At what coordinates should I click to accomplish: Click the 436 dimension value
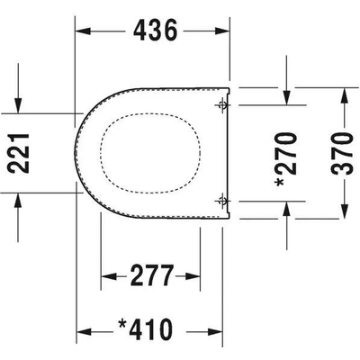click(x=156, y=31)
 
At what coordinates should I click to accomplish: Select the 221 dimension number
click(x=19, y=153)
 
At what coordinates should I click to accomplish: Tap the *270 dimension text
click(x=286, y=159)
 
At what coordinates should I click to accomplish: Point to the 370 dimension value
click(x=342, y=153)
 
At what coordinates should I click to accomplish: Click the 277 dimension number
click(x=152, y=275)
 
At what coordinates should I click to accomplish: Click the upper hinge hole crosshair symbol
click(x=222, y=105)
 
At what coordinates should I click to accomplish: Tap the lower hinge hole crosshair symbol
click(x=222, y=201)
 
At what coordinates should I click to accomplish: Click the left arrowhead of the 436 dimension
click(x=83, y=31)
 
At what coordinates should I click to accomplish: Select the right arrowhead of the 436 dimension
click(x=222, y=31)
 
